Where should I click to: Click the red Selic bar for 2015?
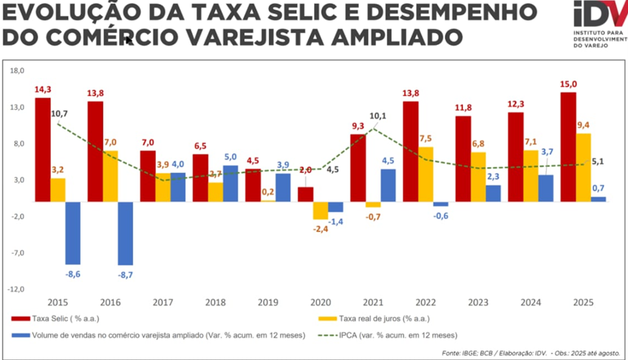[42, 149]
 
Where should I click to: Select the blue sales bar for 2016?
[126, 233]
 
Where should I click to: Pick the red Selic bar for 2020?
[305, 194]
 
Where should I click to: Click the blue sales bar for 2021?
[388, 185]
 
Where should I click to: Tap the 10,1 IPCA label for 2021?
[378, 116]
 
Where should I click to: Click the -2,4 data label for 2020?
[320, 229]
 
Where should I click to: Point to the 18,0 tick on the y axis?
[16, 70]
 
